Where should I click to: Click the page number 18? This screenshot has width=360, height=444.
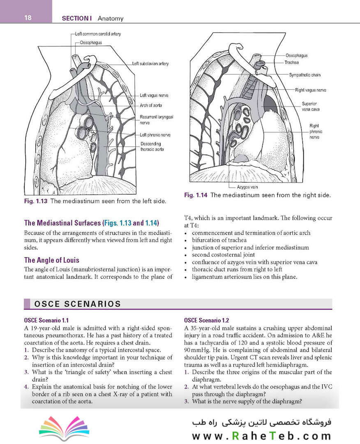click(x=28, y=18)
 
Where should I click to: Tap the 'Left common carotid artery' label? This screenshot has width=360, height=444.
click(x=98, y=34)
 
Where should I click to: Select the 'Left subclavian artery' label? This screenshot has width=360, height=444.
click(x=150, y=64)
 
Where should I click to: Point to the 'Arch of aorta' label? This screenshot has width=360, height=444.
click(x=151, y=105)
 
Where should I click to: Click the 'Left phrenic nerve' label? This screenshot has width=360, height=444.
click(x=155, y=135)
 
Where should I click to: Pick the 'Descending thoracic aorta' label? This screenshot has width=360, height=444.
click(x=152, y=146)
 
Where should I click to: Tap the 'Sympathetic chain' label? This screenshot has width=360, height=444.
click(x=305, y=75)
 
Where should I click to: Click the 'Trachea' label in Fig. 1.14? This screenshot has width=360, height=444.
click(x=291, y=62)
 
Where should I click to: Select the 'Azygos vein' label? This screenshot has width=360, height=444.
click(x=247, y=187)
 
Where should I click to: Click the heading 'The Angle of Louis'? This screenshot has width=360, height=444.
click(x=52, y=260)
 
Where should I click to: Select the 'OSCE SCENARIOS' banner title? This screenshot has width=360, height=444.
click(x=78, y=304)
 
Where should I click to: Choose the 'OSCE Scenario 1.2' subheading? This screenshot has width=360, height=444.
click(x=207, y=320)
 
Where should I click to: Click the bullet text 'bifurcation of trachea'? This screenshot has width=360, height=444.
click(x=219, y=240)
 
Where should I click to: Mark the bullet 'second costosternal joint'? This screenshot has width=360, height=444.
click(x=223, y=255)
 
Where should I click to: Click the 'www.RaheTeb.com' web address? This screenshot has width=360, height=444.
click(x=261, y=436)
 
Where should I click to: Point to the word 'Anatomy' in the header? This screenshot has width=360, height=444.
click(x=111, y=18)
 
